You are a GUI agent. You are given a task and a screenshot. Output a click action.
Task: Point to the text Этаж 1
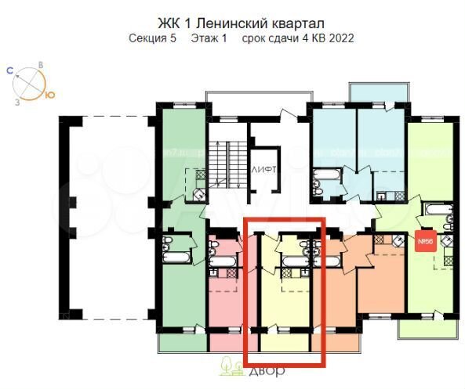[208, 37]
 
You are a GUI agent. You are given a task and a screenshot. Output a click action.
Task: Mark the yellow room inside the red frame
[285, 301]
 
